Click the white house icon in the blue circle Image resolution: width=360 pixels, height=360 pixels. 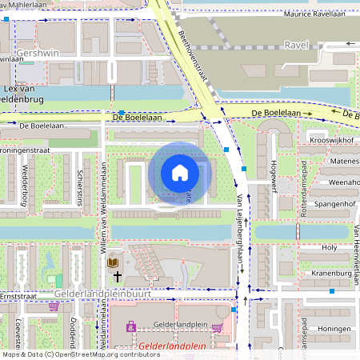(179, 172)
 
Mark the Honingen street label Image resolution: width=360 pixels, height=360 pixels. (334, 329)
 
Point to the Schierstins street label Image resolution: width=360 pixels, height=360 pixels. (79, 187)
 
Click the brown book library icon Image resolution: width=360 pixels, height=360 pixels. (113, 262)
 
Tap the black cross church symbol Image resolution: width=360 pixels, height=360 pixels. (117, 277)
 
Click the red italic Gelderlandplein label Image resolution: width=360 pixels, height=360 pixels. (171, 347)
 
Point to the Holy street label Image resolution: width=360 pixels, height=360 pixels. (330, 248)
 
